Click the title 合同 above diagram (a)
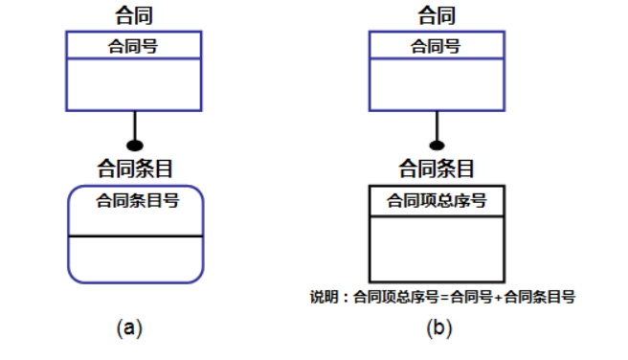pyautogui.click(x=134, y=16)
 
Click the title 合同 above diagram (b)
pyautogui.click(x=437, y=16)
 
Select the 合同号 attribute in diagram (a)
pyautogui.click(x=134, y=45)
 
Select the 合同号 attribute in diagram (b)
pyautogui.click(x=437, y=45)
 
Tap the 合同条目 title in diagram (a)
pyautogui.click(x=135, y=169)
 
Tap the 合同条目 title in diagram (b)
pyautogui.click(x=437, y=169)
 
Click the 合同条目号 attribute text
pyautogui.click(x=137, y=201)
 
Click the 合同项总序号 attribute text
pyautogui.click(x=437, y=200)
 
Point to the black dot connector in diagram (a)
pyautogui.click(x=135, y=146)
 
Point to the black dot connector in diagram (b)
pyautogui.click(x=437, y=146)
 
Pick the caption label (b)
pyautogui.click(x=438, y=328)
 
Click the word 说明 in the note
pyautogui.click(x=324, y=298)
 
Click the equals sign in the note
pyautogui.click(x=444, y=298)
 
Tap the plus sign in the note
pyautogui.click(x=498, y=298)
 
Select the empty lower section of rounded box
pyautogui.click(x=136, y=259)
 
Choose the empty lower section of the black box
pyautogui.click(x=437, y=248)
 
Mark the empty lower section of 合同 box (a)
pyautogui.click(x=134, y=83)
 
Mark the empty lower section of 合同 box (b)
pyautogui.click(x=437, y=83)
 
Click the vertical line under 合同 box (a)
pyautogui.click(x=135, y=124)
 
